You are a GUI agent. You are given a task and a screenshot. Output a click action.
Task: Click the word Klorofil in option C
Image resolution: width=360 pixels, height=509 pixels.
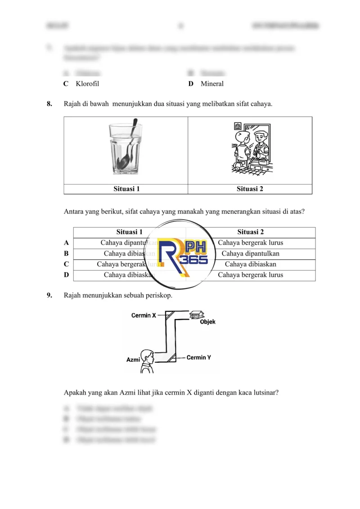tap(87, 84)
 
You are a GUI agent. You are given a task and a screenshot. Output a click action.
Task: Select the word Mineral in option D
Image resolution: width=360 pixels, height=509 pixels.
tap(212, 84)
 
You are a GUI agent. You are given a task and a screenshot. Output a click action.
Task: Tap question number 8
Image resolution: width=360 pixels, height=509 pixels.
tap(49, 104)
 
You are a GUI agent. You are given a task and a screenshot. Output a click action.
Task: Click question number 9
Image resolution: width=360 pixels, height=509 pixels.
tap(49, 296)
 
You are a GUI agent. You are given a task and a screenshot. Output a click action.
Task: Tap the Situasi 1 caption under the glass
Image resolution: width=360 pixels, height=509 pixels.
tap(126, 189)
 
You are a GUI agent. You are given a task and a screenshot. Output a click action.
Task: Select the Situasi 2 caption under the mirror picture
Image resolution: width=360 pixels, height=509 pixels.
tap(250, 189)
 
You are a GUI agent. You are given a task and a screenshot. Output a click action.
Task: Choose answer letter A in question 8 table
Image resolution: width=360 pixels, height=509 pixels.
tap(67, 243)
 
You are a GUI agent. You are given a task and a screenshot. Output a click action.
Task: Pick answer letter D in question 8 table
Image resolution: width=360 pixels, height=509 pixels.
tap(67, 275)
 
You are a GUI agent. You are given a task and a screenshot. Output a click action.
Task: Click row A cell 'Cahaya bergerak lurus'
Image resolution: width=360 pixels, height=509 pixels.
tap(250, 243)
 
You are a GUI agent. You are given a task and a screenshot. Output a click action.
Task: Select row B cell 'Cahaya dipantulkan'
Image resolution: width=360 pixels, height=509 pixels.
tap(250, 254)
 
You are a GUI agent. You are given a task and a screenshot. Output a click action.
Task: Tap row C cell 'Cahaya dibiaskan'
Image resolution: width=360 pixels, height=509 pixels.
tap(250, 265)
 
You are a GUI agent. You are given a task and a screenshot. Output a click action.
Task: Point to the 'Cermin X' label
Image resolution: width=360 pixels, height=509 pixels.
tap(144, 315)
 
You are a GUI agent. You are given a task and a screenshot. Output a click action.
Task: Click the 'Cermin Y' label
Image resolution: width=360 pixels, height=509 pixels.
tap(199, 357)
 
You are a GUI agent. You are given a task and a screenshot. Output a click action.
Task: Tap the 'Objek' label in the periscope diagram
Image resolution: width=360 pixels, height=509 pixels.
tap(207, 322)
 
